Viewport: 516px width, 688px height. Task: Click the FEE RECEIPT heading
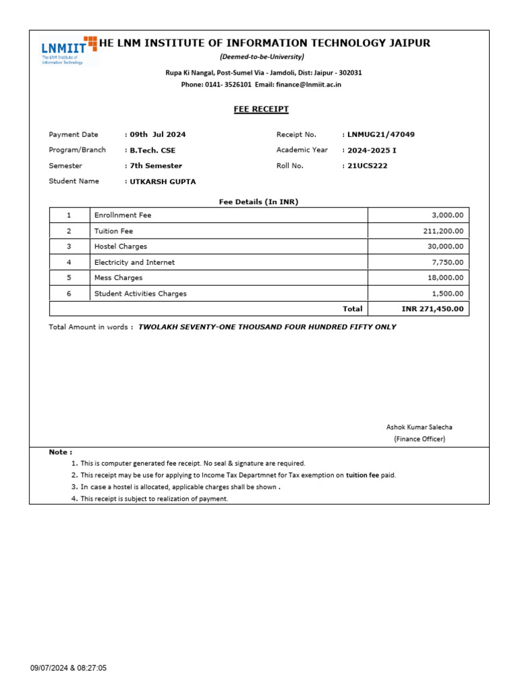(x=261, y=109)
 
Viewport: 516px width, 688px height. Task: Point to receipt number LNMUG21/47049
(x=380, y=134)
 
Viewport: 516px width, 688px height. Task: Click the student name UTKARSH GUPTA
(x=162, y=181)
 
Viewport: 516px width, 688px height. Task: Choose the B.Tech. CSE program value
(x=153, y=150)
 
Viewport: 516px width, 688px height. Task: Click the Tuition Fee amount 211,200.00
(x=440, y=231)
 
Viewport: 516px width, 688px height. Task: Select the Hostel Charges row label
(x=120, y=247)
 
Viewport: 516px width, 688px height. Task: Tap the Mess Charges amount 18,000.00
(x=442, y=277)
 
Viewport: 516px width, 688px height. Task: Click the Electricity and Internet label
(x=134, y=262)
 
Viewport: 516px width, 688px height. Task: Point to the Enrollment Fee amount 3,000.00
(x=444, y=215)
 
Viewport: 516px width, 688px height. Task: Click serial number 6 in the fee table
(x=69, y=294)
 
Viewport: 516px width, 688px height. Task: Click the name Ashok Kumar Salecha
(x=419, y=427)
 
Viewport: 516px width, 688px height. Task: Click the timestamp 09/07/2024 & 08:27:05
(x=69, y=668)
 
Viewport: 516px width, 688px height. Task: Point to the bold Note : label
(x=60, y=452)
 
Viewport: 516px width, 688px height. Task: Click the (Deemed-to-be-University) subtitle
(x=261, y=56)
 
